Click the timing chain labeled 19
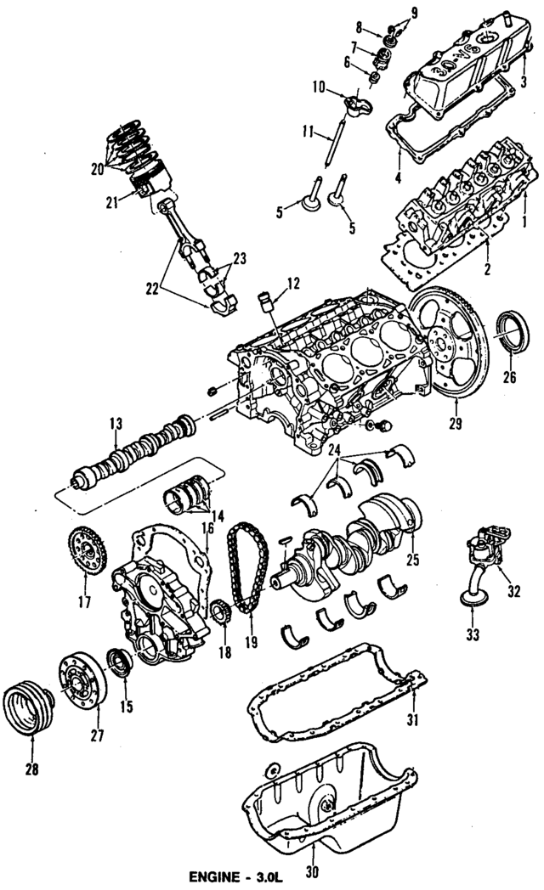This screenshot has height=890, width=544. click(x=245, y=569)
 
